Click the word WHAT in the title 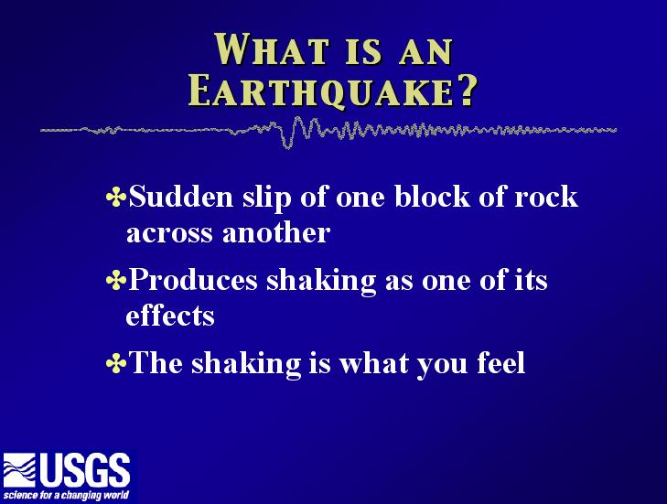272,49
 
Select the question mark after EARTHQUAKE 468,90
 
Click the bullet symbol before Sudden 116,197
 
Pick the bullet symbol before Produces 116,280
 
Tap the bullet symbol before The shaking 116,363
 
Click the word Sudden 181,196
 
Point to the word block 432,196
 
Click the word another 276,232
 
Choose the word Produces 193,279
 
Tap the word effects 170,316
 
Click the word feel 501,362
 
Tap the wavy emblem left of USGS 19,470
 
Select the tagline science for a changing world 66,496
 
